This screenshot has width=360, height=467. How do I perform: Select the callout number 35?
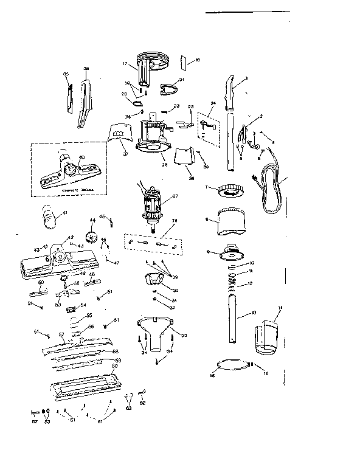coord(66,74)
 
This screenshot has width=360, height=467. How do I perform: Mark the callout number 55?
coord(88,315)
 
